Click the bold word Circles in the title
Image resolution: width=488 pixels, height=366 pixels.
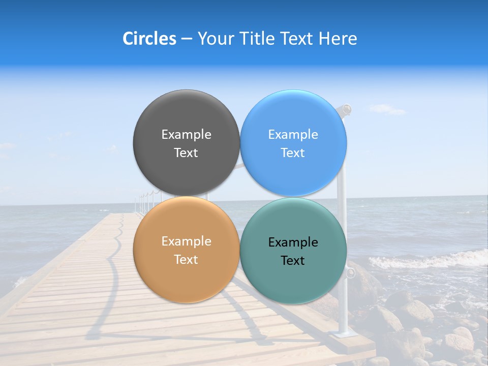tap(149, 39)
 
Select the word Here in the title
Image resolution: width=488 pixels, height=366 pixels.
tap(338, 39)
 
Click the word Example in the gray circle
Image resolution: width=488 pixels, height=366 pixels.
tap(186, 135)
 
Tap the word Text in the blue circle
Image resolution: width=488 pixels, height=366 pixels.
tap(293, 153)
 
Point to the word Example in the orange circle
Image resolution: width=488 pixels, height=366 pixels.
tap(186, 241)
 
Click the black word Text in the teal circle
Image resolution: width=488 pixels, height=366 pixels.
tap(293, 261)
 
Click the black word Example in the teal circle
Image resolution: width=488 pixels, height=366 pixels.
tap(293, 242)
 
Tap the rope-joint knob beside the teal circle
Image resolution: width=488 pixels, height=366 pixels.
tap(350, 273)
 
